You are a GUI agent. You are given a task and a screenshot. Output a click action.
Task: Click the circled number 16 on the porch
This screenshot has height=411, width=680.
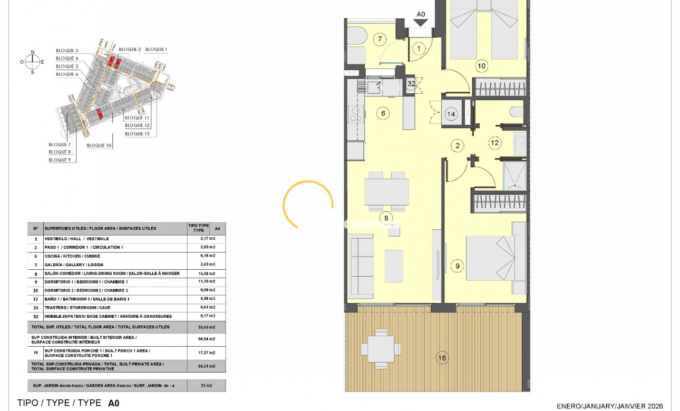(442, 358)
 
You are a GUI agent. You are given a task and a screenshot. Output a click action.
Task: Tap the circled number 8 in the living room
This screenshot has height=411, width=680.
(386, 217)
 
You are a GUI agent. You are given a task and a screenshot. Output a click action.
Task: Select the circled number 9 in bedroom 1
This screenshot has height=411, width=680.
(457, 266)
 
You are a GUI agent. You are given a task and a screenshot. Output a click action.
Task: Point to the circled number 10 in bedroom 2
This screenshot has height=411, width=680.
(481, 66)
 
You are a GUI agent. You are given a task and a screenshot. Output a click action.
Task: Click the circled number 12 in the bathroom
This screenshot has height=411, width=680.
(494, 142)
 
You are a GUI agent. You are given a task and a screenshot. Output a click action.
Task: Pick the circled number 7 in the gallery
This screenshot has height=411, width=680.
(380, 38)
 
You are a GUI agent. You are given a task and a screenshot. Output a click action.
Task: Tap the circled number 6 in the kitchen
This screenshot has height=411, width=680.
(383, 112)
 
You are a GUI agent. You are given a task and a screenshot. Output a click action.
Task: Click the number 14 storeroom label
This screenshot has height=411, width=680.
(451, 114)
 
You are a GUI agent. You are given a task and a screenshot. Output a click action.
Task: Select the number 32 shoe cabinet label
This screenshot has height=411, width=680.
(411, 83)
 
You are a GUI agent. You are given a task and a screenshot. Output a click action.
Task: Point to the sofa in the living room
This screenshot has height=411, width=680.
(361, 267)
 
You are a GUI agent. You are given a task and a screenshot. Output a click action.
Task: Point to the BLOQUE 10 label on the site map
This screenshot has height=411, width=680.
(99, 145)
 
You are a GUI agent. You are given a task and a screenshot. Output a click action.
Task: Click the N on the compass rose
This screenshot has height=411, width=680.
(33, 52)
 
